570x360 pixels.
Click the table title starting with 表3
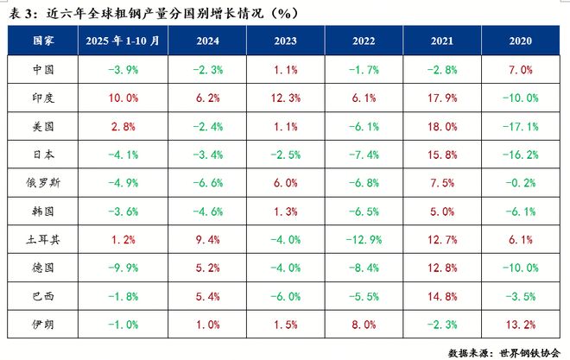pos(142,11)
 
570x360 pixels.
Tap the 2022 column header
pos(364,41)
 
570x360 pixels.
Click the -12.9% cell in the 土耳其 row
pos(364,239)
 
